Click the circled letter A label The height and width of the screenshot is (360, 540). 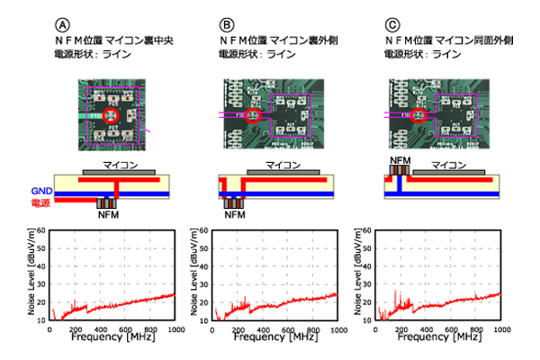pyautogui.click(x=62, y=23)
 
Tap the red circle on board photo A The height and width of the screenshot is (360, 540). pyautogui.click(x=113, y=115)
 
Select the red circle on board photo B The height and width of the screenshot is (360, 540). pyautogui.click(x=253, y=115)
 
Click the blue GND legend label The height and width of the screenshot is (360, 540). pyautogui.click(x=42, y=193)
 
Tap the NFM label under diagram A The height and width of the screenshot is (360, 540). pyautogui.click(x=108, y=217)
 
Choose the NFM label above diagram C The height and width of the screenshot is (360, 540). pyautogui.click(x=399, y=158)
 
